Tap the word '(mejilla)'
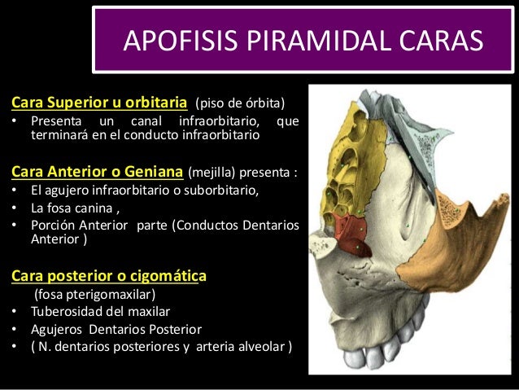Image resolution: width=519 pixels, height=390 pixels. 213,173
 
